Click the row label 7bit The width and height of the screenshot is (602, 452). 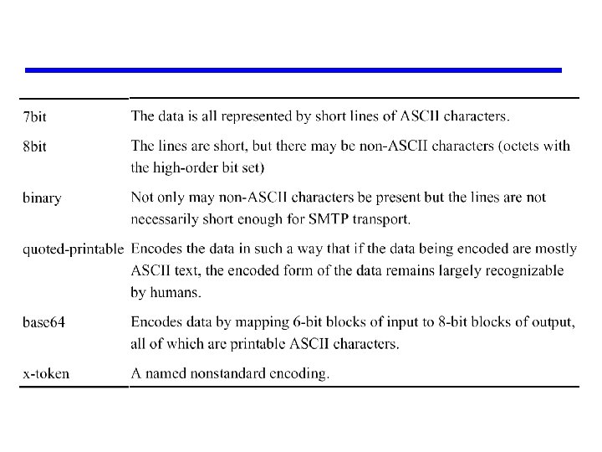coord(35,116)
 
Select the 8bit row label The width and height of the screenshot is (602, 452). coord(35,146)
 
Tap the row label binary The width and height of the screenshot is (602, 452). coord(42,198)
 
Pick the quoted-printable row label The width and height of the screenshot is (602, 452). coord(74,250)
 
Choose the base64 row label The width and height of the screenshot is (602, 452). coord(43,321)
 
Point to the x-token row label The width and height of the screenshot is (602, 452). coord(46,374)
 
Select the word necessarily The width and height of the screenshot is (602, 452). coord(166,218)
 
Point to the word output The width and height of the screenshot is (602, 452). coord(552,322)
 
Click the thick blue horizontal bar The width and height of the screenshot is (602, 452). coord(293,70)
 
